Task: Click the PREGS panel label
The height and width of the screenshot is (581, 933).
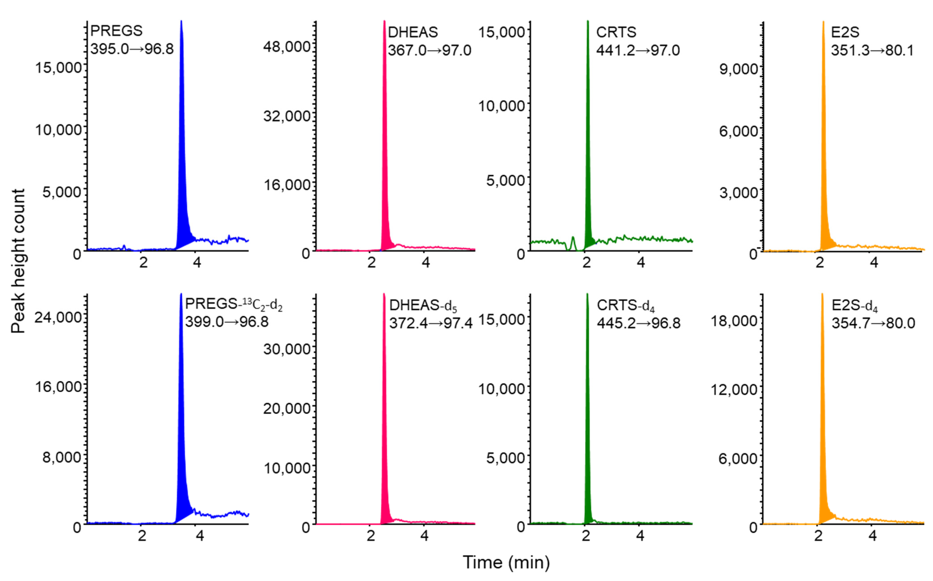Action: [x=116, y=31]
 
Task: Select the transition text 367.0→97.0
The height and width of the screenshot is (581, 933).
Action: [x=429, y=50]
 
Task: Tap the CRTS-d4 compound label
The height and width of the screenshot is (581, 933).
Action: [x=625, y=305]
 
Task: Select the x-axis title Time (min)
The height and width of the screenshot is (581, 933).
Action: [x=506, y=562]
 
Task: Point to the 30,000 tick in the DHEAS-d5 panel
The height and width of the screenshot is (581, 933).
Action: [x=286, y=349]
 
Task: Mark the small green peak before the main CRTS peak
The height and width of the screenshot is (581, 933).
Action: [x=573, y=242]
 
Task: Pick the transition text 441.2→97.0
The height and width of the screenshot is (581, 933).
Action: [x=638, y=50]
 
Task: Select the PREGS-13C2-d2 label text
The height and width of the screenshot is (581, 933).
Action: [x=234, y=304]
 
